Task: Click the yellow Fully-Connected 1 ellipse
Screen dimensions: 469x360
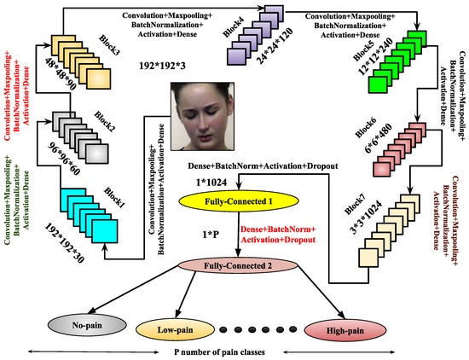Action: coord(239,201)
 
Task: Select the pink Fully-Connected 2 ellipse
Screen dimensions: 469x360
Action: coord(238,265)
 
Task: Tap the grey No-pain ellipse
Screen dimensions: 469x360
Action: coord(87,325)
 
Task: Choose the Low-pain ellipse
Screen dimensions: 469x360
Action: coord(176,330)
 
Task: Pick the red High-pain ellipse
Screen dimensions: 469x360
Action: coord(345,331)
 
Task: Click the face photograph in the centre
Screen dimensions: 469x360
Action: coord(202,116)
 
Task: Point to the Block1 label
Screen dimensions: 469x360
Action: coord(114,198)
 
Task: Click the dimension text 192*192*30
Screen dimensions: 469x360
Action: coord(64,243)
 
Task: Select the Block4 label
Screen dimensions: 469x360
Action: coord(234,27)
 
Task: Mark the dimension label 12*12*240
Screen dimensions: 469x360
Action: coord(376,57)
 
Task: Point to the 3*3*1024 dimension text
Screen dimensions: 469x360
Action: coord(366,217)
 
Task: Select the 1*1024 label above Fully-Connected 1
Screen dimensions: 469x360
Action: coord(211,182)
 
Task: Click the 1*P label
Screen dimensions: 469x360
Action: coord(211,235)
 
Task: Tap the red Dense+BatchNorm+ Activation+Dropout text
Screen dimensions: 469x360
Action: coord(278,235)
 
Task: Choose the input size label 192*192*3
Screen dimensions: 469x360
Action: coord(162,66)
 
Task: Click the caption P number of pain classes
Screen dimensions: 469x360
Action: coord(219,352)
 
